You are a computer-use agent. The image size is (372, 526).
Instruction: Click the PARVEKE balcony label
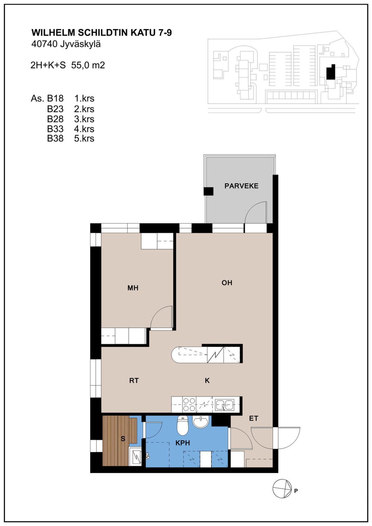241,186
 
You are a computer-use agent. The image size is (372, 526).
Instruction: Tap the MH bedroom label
133,288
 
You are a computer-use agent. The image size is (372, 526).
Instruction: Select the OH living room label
227,283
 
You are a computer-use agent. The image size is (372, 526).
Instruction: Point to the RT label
134,380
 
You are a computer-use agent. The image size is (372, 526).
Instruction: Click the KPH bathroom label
183,443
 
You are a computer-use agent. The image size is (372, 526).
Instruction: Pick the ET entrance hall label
253,418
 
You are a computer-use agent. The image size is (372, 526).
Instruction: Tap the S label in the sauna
123,438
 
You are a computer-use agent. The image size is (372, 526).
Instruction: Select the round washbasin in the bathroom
200,422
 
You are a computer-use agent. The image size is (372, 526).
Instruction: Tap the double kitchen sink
224,405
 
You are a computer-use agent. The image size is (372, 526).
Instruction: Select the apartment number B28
55,119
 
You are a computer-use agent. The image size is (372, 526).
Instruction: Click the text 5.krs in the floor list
84,138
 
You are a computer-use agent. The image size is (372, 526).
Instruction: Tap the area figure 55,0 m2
88,65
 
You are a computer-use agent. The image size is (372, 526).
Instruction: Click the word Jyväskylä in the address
80,44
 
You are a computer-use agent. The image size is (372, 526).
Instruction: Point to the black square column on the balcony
208,191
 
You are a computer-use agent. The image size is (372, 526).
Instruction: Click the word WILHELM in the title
53,33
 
